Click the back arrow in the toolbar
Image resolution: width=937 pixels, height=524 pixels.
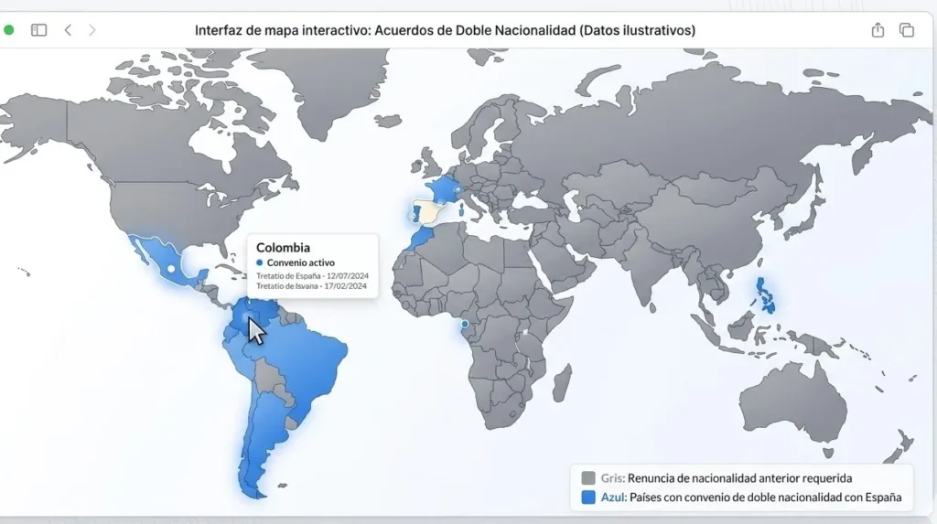click(68, 30)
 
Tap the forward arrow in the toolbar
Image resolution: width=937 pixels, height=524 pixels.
click(92, 30)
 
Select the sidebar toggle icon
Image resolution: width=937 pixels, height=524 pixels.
click(38, 30)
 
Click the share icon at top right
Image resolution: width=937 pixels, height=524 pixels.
click(878, 30)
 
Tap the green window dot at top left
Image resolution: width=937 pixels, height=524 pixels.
click(9, 30)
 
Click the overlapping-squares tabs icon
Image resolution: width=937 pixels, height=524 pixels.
click(907, 30)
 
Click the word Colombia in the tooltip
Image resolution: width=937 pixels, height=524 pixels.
click(283, 247)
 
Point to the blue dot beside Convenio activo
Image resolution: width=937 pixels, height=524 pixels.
click(260, 263)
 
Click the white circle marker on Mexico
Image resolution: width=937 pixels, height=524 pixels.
click(170, 269)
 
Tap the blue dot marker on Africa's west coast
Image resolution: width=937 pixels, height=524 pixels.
click(464, 324)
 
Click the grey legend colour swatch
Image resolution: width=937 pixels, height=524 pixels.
click(588, 477)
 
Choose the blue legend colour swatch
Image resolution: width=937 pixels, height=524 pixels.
click(588, 498)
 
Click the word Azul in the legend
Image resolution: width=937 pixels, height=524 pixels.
click(612, 498)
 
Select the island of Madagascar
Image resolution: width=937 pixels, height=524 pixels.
click(563, 382)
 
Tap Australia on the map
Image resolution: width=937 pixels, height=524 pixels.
click(792, 405)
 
